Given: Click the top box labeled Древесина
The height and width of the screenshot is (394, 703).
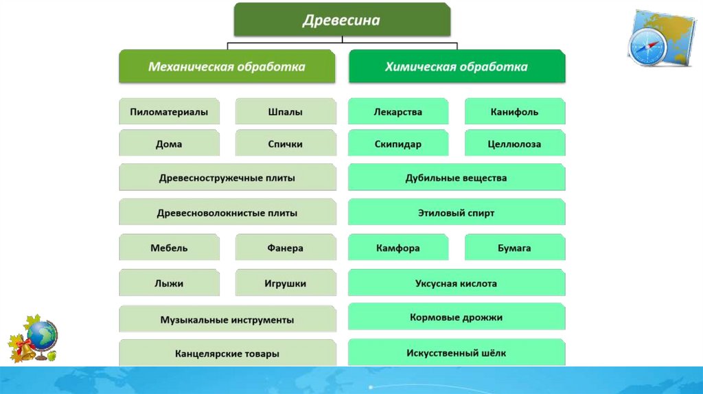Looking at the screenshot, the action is [342, 20].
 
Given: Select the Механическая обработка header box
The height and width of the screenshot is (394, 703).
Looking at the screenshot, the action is [227, 67].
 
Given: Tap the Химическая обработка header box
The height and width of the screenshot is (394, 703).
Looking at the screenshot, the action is [457, 67].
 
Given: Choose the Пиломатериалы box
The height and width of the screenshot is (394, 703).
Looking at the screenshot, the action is [169, 112].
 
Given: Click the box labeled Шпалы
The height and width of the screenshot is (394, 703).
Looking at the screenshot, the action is [286, 112].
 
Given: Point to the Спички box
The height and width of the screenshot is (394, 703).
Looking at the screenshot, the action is [286, 144].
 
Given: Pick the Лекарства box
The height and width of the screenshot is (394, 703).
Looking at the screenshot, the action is [398, 112].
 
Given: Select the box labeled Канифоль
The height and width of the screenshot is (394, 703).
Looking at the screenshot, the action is [515, 112].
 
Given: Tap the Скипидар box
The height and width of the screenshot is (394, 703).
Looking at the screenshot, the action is [398, 144].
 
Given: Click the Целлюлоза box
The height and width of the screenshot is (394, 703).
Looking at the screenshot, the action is [515, 144].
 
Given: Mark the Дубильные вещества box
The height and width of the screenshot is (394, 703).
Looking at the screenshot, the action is [457, 178].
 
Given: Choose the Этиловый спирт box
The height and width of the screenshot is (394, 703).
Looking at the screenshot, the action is [457, 213].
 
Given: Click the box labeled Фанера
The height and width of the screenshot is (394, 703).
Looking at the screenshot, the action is [286, 248].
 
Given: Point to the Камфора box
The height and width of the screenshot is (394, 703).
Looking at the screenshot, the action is [398, 248].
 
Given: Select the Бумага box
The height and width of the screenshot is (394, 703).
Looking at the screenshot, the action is [515, 248].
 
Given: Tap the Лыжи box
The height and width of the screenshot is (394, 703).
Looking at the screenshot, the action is [169, 283].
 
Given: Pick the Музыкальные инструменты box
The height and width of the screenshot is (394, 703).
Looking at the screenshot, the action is [227, 320].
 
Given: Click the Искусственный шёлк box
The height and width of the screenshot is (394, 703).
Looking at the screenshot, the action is [457, 353].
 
